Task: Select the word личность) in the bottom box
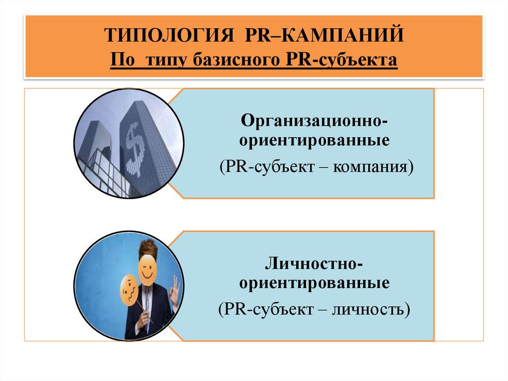pyautogui.click(x=373, y=310)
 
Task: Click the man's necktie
pyautogui.click(x=147, y=301)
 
